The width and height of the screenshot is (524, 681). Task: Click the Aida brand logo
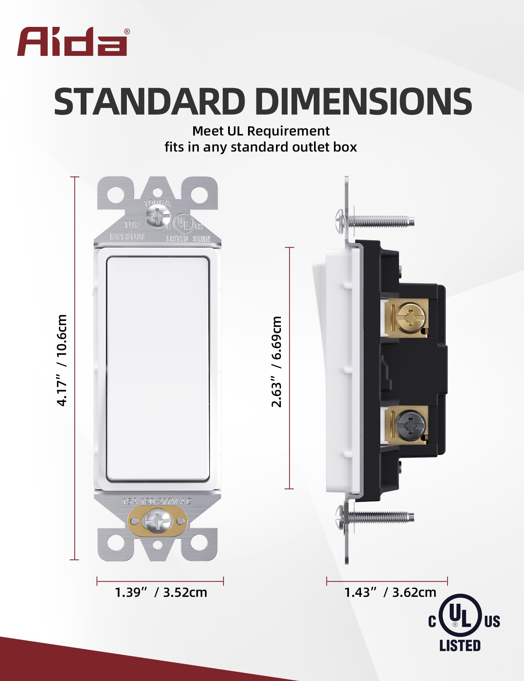(72, 42)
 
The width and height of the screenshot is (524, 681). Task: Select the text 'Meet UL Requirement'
(261, 131)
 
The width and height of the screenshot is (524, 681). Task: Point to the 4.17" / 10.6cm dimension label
(62, 360)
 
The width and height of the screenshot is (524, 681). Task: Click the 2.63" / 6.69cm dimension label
(276, 361)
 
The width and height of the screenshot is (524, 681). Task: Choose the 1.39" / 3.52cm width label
(161, 592)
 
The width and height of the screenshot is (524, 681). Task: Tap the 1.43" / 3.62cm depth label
(390, 592)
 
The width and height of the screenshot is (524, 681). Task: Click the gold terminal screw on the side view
(412, 318)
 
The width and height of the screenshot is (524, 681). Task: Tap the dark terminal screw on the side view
(412, 425)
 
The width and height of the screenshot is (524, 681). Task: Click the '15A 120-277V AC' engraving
(157, 501)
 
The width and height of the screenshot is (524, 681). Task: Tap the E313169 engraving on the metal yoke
(127, 236)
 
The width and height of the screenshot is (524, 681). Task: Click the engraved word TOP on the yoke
(132, 224)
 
